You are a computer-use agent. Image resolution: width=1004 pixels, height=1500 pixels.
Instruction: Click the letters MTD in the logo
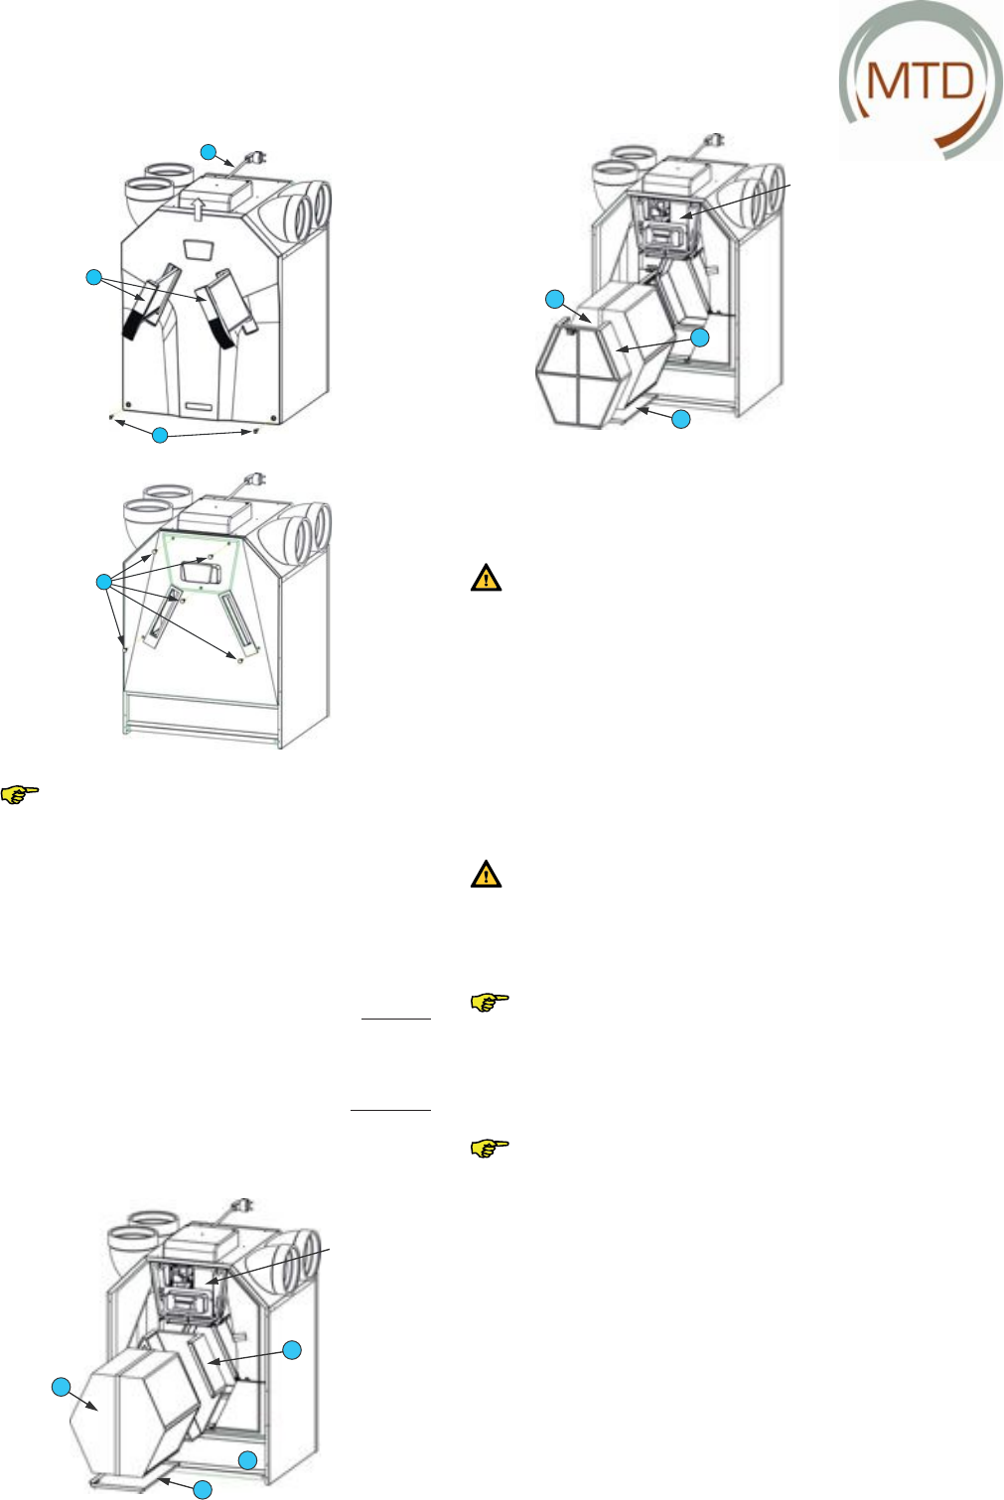tap(920, 80)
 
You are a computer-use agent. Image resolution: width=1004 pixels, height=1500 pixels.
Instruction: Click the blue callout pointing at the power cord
tap(209, 152)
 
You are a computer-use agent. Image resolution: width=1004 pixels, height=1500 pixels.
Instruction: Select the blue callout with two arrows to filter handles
tap(93, 277)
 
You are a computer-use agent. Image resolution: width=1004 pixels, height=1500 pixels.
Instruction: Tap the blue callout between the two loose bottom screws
tap(160, 435)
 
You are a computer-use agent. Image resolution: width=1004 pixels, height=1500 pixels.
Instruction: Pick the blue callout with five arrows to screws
tap(103, 583)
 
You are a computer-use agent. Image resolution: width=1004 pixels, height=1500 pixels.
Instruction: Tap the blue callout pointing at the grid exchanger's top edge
tap(556, 299)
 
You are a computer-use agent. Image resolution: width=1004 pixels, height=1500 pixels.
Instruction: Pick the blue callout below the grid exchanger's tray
tap(680, 419)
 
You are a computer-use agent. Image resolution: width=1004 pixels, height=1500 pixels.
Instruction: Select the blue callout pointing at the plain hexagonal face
tap(62, 1387)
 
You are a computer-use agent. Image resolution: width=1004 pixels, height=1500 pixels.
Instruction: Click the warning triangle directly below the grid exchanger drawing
tap(486, 578)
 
